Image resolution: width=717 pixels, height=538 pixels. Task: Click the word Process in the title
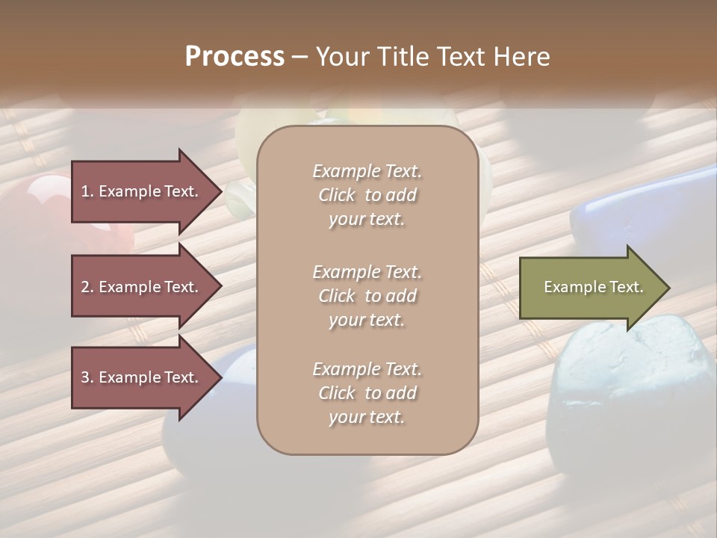tap(235, 57)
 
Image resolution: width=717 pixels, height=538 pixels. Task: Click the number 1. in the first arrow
tap(87, 191)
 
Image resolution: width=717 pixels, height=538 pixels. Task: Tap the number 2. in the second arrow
tap(87, 287)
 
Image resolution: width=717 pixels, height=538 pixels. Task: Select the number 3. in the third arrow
tap(87, 377)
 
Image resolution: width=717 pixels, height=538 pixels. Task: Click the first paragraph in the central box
tap(367, 195)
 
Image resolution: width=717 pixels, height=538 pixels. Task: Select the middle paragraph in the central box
tap(367, 295)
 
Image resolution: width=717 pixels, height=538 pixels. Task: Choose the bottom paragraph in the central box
tap(367, 392)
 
